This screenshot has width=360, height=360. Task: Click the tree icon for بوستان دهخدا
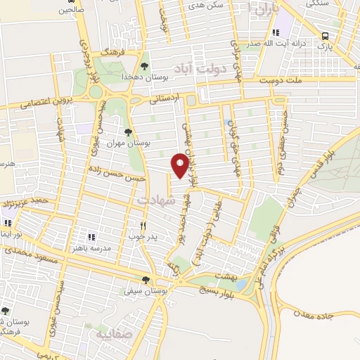146,65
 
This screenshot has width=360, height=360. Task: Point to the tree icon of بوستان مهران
127,131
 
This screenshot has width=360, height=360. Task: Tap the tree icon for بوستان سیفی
146,279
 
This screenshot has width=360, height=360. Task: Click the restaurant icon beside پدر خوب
143,226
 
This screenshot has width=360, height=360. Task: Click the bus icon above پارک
325,36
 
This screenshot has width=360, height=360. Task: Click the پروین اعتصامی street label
32,103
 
